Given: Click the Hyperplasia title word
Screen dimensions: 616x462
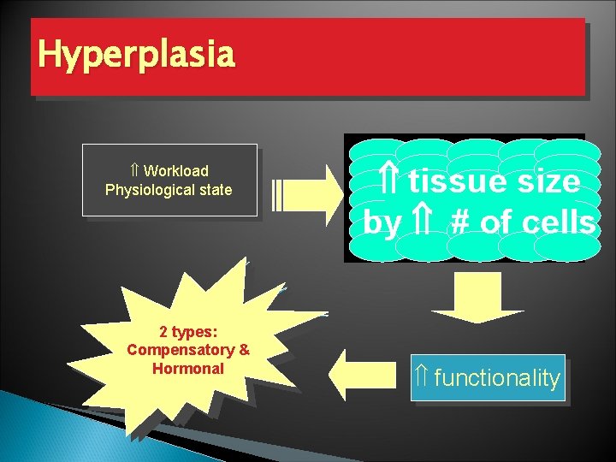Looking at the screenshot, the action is (x=135, y=55).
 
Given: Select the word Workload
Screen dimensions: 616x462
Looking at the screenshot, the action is (x=175, y=171).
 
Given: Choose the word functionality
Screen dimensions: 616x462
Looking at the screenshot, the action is (x=496, y=378).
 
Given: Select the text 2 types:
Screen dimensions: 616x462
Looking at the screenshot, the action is (x=188, y=333).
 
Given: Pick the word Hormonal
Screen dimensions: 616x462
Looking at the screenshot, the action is (x=187, y=369).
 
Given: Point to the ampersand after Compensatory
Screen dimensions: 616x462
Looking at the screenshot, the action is (x=244, y=351).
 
